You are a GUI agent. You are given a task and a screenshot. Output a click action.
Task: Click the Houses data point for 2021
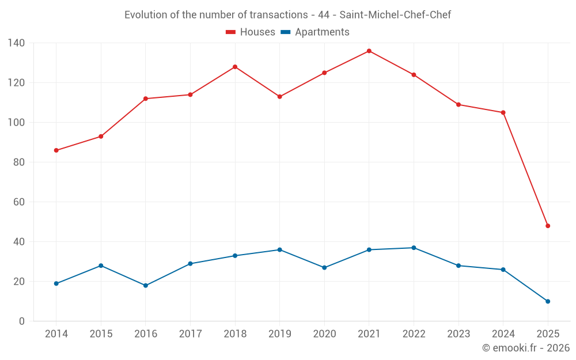369,51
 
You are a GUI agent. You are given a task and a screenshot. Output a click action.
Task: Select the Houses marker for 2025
548,226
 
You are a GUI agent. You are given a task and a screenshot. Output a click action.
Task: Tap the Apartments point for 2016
146,286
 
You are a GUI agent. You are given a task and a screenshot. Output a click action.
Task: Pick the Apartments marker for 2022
414,248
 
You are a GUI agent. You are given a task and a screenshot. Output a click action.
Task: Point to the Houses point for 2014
56,150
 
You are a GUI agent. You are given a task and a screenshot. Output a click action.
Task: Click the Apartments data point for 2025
548,301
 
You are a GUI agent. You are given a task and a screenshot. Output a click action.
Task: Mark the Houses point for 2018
235,67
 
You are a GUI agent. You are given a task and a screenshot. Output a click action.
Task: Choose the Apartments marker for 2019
280,249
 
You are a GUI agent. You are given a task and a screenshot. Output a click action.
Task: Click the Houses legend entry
251,32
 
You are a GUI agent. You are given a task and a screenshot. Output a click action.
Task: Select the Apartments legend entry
315,32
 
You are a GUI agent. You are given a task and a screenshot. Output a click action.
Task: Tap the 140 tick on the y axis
16,43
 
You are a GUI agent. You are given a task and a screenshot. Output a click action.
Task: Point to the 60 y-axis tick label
18,202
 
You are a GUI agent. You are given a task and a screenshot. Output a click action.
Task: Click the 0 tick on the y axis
21,321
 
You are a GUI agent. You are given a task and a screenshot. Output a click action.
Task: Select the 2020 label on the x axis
324,334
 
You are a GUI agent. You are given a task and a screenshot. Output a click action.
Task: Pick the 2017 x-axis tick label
190,334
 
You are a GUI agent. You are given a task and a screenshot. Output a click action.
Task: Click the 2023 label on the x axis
458,334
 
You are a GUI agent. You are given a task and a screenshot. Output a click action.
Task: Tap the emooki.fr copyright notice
525,348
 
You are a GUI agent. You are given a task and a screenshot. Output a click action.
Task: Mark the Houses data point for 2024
503,112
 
